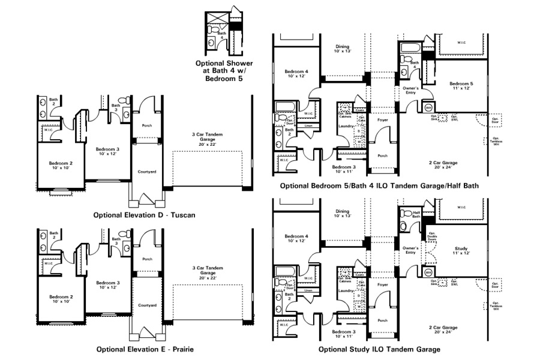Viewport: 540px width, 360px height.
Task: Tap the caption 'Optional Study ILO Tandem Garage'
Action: (x=379, y=349)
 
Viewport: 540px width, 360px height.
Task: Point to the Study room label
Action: (x=461, y=250)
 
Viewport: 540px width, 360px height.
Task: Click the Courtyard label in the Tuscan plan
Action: (x=148, y=172)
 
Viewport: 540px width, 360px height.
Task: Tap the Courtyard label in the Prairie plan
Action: (x=148, y=305)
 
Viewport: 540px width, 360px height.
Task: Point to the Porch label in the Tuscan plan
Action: (x=146, y=126)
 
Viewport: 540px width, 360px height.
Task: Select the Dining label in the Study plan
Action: (x=343, y=214)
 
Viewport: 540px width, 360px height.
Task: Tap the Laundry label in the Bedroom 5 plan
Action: (x=345, y=126)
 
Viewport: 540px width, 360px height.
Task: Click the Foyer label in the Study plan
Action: (x=382, y=284)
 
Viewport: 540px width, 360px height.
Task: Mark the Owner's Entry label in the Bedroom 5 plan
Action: (x=410, y=91)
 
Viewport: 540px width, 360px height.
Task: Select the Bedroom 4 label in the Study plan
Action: (x=295, y=238)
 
